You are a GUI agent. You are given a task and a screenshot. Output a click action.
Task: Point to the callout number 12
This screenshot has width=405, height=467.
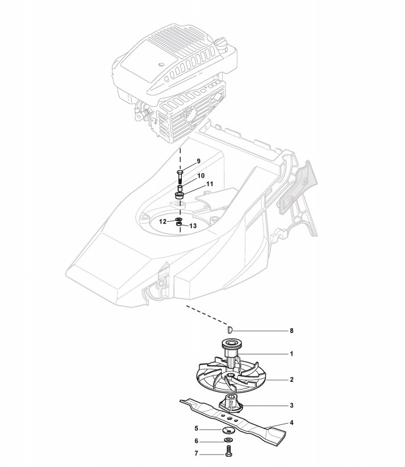[162, 221]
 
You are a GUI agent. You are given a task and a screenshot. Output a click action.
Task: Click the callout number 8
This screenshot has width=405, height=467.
[291, 330]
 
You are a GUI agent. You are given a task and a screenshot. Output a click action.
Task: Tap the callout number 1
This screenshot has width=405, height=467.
[291, 354]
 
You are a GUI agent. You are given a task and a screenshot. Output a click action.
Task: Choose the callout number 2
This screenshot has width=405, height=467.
[291, 379]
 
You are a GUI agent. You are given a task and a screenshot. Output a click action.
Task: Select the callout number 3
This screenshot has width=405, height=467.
[291, 406]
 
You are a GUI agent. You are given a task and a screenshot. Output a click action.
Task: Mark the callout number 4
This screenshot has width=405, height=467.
[291, 423]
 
